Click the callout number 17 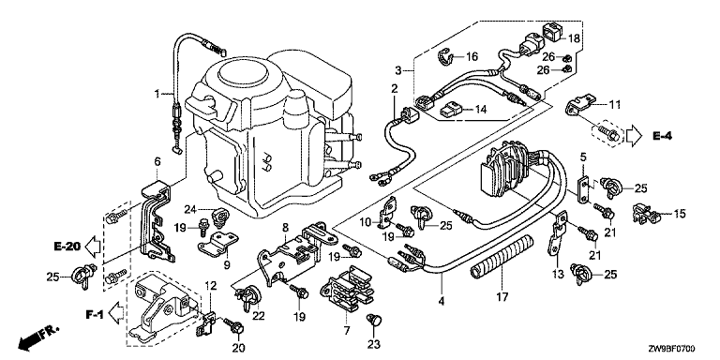(x=502, y=296)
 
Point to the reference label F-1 (x=95, y=315)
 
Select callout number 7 (x=346, y=330)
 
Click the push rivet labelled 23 (x=375, y=320)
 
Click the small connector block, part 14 (x=450, y=111)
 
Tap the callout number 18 (x=574, y=38)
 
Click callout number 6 (x=157, y=161)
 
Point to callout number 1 (x=157, y=94)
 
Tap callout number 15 (x=679, y=213)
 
